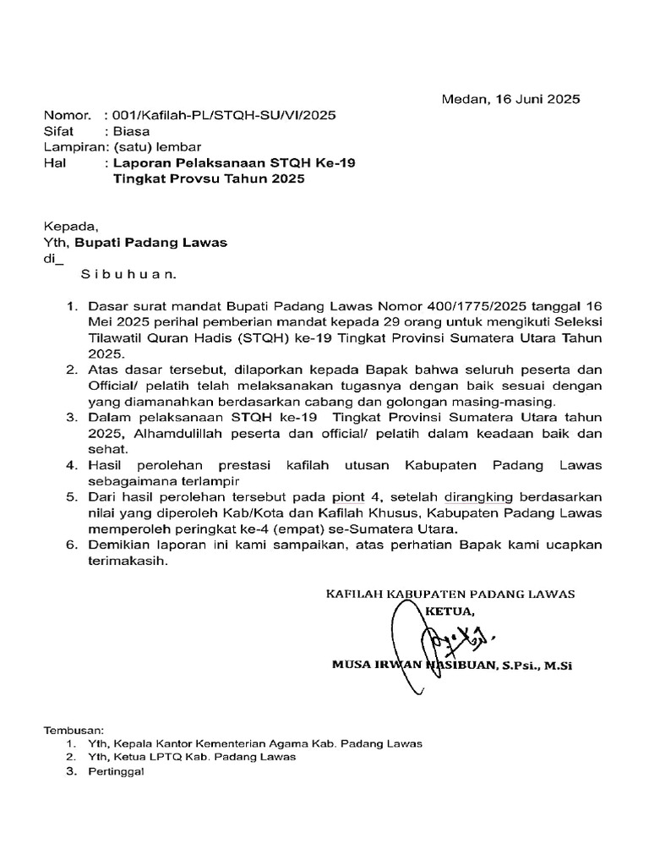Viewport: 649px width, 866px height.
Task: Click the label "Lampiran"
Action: (x=71, y=146)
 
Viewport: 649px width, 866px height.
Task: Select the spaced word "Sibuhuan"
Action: (x=128, y=275)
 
